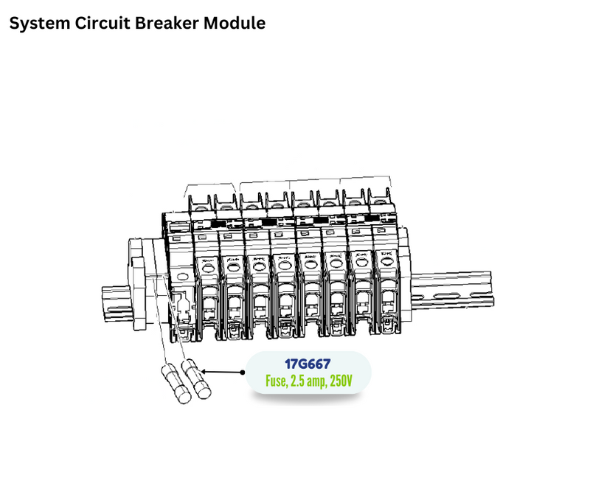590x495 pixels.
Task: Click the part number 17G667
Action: pos(308,364)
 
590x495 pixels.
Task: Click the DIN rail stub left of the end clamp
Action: pos(116,302)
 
